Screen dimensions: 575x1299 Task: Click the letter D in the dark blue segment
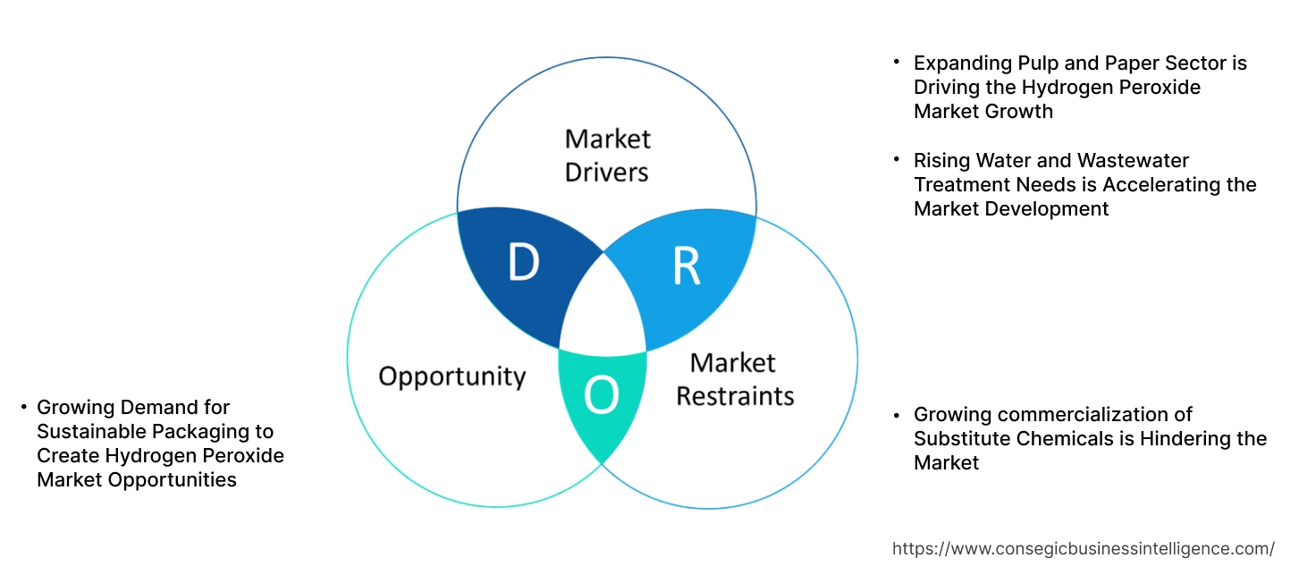[523, 263]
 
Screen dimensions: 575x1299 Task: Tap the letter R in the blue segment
[686, 266]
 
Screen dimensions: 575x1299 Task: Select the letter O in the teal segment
[601, 396]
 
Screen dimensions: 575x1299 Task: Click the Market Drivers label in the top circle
[607, 155]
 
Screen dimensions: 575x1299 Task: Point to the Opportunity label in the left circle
[451, 376]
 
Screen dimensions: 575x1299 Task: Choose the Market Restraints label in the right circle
[734, 378]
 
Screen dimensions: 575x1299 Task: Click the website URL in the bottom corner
[1084, 548]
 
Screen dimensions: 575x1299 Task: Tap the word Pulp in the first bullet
[1039, 63]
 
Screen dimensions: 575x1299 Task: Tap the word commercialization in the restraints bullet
[1083, 415]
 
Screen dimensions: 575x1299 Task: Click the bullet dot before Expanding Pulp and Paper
[897, 63]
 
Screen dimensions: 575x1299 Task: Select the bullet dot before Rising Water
[897, 160]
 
